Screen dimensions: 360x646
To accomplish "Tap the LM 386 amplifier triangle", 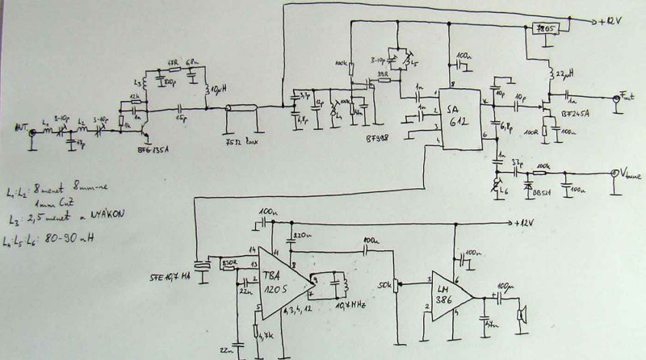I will [449, 295].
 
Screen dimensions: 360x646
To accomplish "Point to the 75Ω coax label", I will [237, 143].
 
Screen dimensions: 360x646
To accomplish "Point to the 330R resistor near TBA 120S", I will [229, 262].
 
